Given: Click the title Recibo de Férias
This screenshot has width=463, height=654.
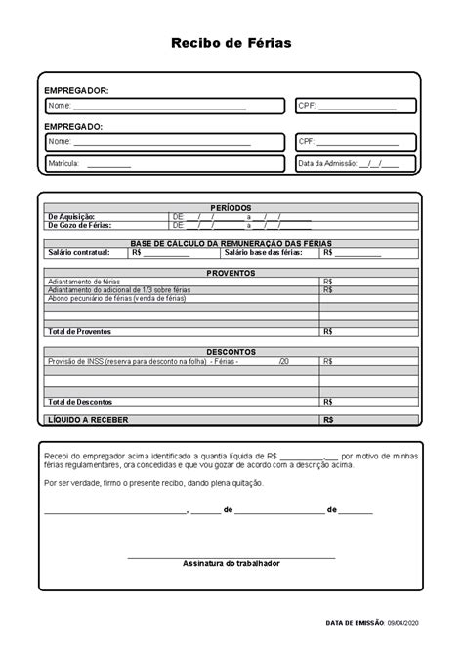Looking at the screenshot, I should pyautogui.click(x=231, y=43).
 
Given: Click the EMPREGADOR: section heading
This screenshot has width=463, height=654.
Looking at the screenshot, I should pyautogui.click(x=76, y=90).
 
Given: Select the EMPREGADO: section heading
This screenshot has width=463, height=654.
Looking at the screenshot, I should pyautogui.click(x=73, y=126).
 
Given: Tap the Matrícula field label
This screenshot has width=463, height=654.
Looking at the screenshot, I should pyautogui.click(x=64, y=164).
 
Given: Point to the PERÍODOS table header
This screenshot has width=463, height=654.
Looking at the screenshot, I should pyautogui.click(x=231, y=208).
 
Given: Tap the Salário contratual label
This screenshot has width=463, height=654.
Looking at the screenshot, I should pyautogui.click(x=79, y=252).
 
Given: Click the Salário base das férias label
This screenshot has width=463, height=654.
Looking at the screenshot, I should pyautogui.click(x=263, y=252).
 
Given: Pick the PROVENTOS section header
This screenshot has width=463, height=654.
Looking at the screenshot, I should pyautogui.click(x=231, y=273).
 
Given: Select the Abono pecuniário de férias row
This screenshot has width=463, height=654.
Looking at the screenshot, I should pyautogui.click(x=116, y=298).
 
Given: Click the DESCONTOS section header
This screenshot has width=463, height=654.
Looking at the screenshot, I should pyautogui.click(x=231, y=351).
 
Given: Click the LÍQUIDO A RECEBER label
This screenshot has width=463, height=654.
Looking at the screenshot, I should pyautogui.click(x=88, y=420).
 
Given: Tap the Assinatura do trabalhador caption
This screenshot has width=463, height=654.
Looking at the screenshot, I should pyautogui.click(x=231, y=564).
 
